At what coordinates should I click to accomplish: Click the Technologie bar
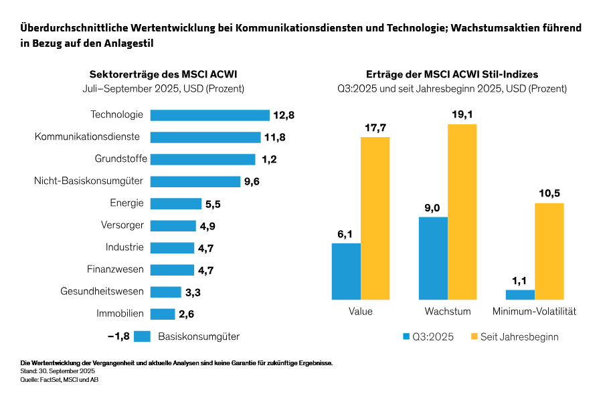[209, 115]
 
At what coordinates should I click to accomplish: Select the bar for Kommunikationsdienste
[205, 137]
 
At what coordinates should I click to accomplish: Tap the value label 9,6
[252, 181]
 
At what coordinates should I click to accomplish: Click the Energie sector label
[126, 203]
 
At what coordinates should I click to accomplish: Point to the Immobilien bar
[162, 314]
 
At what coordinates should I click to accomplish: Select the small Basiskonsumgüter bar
[142, 336]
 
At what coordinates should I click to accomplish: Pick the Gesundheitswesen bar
[165, 292]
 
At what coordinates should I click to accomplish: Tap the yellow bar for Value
[375, 217]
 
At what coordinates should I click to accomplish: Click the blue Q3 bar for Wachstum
[433, 257]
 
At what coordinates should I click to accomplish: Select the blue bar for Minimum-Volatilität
[520, 294]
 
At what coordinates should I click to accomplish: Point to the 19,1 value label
[462, 114]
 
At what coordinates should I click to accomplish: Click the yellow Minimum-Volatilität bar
[549, 251]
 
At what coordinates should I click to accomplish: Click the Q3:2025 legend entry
[429, 337]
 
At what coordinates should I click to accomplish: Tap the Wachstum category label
[448, 312]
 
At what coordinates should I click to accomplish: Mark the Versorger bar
[173, 225]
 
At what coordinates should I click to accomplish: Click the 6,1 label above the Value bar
[345, 233]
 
